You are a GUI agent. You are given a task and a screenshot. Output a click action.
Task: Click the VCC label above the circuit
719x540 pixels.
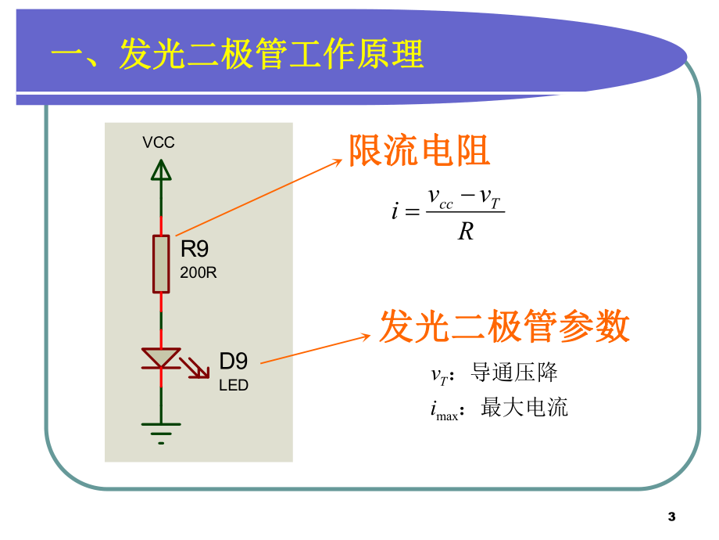159,142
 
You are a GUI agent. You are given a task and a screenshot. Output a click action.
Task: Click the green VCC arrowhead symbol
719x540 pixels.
161,169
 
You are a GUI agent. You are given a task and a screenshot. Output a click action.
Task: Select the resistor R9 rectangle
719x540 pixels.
161,264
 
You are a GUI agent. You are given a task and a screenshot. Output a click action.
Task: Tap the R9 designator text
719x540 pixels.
195,250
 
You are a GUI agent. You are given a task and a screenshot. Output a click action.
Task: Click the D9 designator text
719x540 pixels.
233,362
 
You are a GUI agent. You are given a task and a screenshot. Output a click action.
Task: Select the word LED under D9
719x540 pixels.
233,386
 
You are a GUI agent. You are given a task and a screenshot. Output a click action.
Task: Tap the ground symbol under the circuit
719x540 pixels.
161,431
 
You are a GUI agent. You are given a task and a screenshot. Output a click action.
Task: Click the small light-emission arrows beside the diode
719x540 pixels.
195,367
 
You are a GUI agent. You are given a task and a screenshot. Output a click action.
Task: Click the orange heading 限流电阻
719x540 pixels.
419,150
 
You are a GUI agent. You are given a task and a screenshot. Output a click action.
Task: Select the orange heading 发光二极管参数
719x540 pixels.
504,326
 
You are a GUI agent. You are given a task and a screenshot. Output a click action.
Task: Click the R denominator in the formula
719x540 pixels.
466,232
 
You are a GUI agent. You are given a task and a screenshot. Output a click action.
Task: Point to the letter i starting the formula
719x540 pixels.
395,211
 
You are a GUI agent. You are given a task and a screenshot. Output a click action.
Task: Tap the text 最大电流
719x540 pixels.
524,407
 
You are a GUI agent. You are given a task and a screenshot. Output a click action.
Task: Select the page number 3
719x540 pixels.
671,517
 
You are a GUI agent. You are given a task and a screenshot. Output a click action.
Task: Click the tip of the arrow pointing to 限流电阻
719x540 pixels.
341,160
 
